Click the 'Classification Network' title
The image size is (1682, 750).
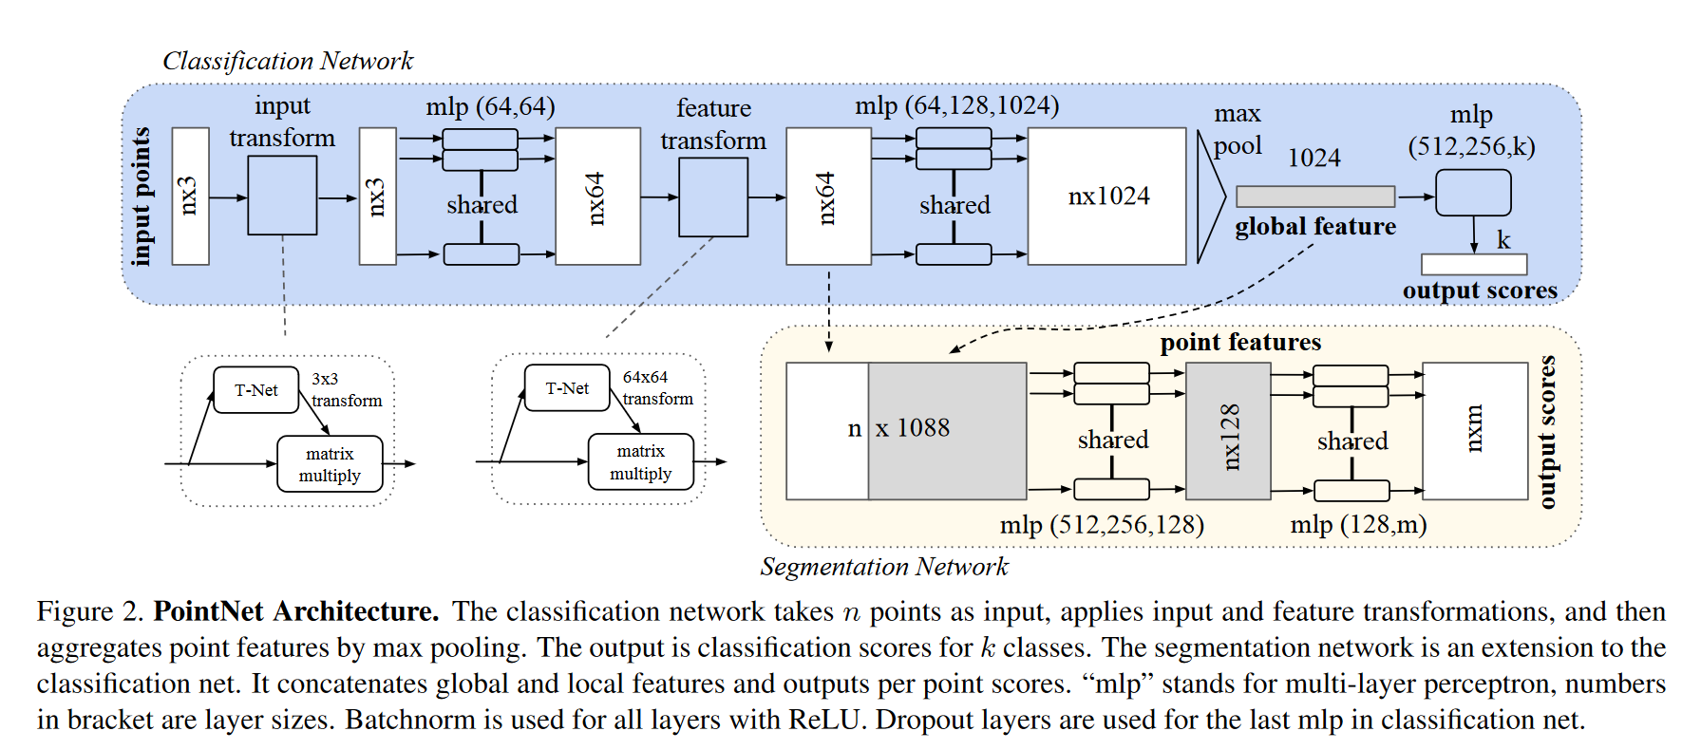(288, 61)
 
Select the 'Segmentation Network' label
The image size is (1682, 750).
(883, 567)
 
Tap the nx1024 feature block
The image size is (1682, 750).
(1107, 196)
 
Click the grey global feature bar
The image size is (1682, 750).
(1315, 197)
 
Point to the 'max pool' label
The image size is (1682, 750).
(1238, 130)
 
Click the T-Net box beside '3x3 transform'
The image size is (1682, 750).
(256, 390)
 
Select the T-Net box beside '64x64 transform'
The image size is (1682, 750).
(567, 388)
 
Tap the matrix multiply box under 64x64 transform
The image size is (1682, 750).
(641, 462)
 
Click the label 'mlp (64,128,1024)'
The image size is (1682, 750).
(956, 105)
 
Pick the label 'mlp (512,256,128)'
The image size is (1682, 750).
(1102, 525)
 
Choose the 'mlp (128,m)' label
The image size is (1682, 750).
(1358, 525)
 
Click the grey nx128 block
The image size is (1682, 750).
(1229, 431)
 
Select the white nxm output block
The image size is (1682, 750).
(1475, 431)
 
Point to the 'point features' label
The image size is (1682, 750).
(1240, 342)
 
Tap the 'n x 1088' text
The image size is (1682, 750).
(899, 428)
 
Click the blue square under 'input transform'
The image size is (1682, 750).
(282, 196)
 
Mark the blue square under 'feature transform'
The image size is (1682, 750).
(713, 197)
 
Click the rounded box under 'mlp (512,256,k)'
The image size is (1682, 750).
(1473, 193)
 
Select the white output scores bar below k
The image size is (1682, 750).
(1474, 264)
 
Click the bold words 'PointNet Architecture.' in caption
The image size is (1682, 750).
(296, 611)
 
